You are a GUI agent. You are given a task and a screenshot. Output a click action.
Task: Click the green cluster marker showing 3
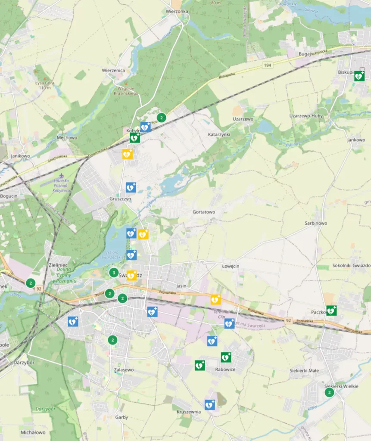113,273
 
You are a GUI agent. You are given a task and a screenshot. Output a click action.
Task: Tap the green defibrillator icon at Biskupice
359,76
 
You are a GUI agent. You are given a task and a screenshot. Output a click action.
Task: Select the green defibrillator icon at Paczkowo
331,310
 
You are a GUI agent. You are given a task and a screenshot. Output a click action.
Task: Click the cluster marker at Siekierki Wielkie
330,392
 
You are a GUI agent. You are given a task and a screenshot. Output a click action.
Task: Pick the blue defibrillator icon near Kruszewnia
209,405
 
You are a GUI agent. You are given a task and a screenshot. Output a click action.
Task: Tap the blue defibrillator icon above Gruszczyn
131,187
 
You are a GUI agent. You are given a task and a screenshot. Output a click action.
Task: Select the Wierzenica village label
113,70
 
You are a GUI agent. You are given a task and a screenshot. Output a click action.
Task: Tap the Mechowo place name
67,138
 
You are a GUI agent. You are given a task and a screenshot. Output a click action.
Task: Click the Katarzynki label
219,134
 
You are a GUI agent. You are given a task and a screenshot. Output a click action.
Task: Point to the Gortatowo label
203,212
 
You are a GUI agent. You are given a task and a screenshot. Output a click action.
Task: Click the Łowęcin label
230,266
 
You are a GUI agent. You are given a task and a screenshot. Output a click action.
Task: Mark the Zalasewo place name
124,370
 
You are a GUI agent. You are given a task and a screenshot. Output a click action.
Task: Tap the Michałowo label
33,432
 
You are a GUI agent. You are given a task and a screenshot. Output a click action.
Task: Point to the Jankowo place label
356,140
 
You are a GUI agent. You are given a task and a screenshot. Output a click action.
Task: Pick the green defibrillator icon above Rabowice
226,357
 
